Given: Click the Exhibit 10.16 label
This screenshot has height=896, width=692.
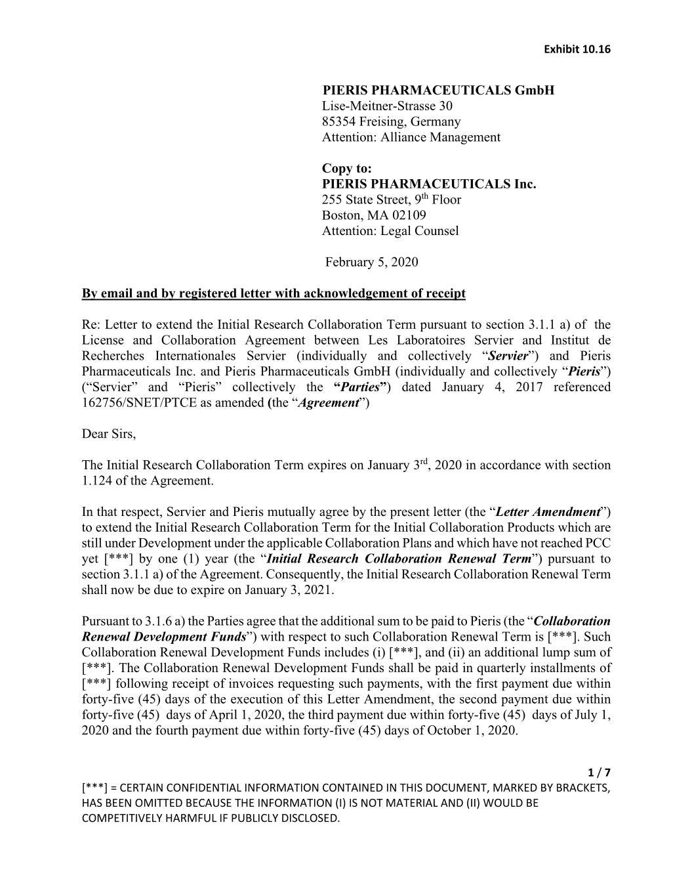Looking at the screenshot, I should [577, 50].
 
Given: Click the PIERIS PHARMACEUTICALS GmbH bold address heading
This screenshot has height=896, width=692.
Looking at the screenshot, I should [438, 90].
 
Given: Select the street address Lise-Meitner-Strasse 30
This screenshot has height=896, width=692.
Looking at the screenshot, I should [387, 106].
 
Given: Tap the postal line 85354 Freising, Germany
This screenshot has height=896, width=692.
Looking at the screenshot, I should [391, 121].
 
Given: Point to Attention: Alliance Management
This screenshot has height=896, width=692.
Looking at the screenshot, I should [411, 137].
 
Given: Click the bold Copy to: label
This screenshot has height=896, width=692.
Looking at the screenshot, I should [346, 169].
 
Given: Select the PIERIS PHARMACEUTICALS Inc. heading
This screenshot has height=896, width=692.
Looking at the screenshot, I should [429, 184].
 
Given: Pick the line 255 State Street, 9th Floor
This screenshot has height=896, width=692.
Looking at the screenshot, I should [391, 200].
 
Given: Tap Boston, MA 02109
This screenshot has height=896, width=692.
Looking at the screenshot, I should [374, 215].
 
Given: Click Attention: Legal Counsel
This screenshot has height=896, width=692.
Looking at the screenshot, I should [390, 231].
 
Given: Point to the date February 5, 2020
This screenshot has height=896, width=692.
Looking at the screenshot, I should [371, 263].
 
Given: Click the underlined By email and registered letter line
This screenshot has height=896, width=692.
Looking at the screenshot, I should [274, 293].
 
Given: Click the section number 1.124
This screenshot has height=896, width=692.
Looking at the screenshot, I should [98, 480].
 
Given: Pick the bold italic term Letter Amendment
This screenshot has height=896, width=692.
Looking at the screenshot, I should [548, 512].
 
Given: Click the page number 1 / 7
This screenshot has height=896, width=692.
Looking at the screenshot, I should [601, 772].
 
